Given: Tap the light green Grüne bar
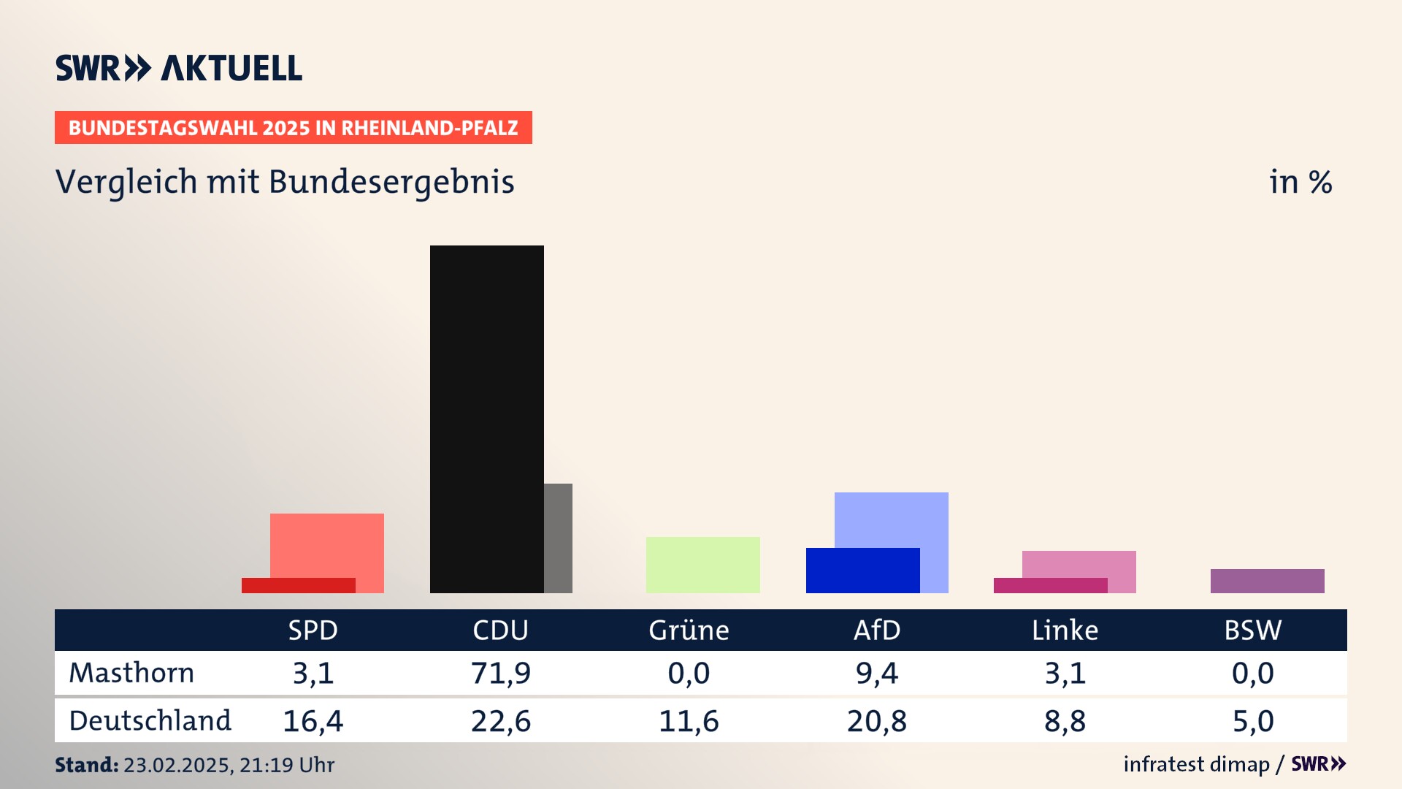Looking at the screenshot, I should click(702, 565).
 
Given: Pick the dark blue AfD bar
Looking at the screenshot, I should click(862, 571).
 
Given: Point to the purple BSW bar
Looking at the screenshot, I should click(1267, 581).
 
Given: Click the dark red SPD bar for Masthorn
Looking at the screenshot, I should click(298, 585).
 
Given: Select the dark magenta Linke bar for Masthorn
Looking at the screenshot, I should click(1050, 585).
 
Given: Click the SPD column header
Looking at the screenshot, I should click(313, 630).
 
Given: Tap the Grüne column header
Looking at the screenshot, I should click(689, 630).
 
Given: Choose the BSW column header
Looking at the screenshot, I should click(1252, 630).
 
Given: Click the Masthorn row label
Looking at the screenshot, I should click(131, 673).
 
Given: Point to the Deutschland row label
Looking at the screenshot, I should click(150, 721).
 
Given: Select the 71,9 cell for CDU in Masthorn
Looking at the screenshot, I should click(501, 673).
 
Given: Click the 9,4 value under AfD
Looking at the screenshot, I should click(876, 673).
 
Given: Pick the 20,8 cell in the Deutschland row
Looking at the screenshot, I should click(876, 721).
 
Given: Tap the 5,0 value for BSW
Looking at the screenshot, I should click(1252, 721).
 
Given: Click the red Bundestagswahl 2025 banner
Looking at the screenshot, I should click(293, 128).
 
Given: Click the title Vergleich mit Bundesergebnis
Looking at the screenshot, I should click(285, 182).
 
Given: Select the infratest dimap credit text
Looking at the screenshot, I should click(1196, 764).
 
